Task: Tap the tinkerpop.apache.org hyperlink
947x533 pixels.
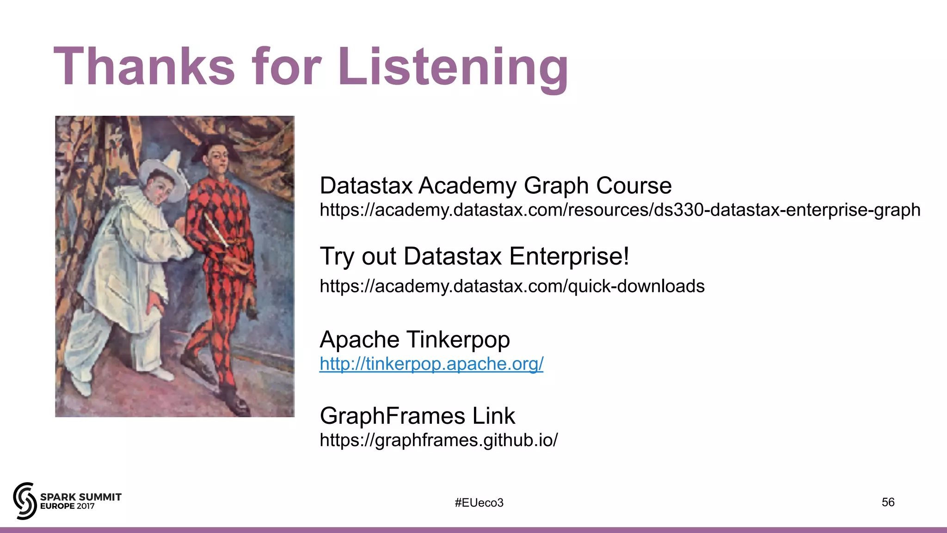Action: coord(431,364)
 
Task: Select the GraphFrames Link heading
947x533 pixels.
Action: coord(417,415)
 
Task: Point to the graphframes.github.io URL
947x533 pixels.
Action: coord(438,440)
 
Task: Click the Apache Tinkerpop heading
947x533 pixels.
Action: coord(414,339)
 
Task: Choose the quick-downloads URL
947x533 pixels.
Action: coord(512,286)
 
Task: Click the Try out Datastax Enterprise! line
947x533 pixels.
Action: coord(474,256)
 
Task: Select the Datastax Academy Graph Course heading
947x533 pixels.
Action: coord(495,186)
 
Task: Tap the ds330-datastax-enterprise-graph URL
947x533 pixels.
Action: coord(620,210)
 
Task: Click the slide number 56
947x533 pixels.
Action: coord(888,502)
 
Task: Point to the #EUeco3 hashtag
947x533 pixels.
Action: coord(479,503)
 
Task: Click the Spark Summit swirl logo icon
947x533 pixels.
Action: coord(25,501)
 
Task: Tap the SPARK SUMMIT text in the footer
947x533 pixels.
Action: coord(80,497)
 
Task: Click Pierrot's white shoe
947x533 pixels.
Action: coord(163,373)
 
